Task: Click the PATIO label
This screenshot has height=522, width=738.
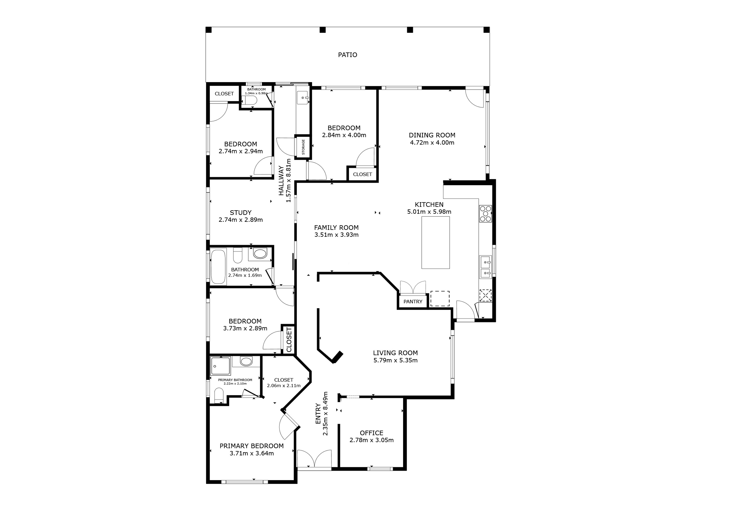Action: pyautogui.click(x=347, y=55)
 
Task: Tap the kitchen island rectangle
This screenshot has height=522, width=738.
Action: pyautogui.click(x=436, y=242)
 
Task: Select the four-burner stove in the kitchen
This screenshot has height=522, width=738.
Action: pyautogui.click(x=485, y=214)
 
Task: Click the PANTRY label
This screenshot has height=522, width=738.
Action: pyautogui.click(x=413, y=302)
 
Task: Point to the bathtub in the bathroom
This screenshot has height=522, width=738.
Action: pyautogui.click(x=219, y=267)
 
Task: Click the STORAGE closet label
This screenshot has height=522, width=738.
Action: pyautogui.click(x=303, y=147)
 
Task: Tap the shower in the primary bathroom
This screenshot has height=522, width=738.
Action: pyautogui.click(x=220, y=366)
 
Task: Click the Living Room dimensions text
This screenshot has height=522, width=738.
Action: pyautogui.click(x=395, y=360)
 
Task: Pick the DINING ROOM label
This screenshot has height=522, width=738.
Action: pyautogui.click(x=432, y=135)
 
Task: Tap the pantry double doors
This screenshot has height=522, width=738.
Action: pyautogui.click(x=413, y=288)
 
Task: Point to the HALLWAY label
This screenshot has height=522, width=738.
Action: pyautogui.click(x=281, y=181)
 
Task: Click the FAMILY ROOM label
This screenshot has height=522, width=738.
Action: pyautogui.click(x=336, y=228)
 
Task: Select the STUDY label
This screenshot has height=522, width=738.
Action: pyautogui.click(x=240, y=213)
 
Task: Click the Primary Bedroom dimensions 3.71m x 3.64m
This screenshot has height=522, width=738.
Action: pyautogui.click(x=252, y=453)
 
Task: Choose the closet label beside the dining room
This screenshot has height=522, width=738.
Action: pyautogui.click(x=362, y=174)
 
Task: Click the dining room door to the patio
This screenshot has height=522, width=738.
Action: pyautogui.click(x=475, y=98)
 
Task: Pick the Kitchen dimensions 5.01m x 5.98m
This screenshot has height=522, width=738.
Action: pyautogui.click(x=429, y=212)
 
